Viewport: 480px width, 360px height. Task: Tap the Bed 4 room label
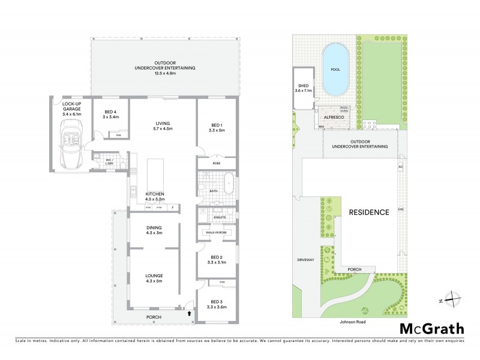point(111,115)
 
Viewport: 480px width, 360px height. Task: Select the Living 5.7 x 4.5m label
point(163,125)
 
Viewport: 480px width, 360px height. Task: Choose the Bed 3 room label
point(216,304)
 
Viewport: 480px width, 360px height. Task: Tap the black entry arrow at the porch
point(190,313)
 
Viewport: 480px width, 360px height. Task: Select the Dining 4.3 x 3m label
point(155,230)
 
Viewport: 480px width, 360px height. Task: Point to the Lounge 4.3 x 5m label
point(155,278)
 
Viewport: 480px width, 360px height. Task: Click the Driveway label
point(305,260)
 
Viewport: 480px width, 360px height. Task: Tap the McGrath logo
point(431,328)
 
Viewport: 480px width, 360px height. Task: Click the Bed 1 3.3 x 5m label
point(215,128)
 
